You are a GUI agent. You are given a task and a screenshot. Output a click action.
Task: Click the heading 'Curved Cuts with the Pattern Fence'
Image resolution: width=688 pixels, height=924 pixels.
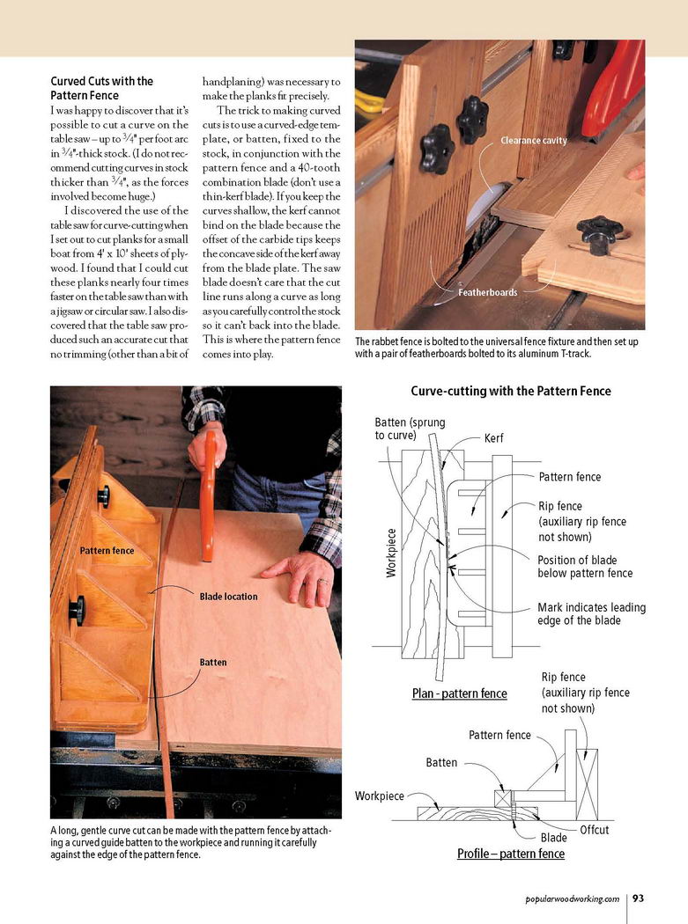click(x=101, y=88)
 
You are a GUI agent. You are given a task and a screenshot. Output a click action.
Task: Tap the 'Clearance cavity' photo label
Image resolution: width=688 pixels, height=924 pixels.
click(x=534, y=140)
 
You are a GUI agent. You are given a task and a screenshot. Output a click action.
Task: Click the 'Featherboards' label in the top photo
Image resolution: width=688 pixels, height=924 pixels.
click(x=487, y=292)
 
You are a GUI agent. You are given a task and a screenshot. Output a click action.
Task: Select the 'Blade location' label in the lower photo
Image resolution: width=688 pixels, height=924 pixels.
click(x=228, y=597)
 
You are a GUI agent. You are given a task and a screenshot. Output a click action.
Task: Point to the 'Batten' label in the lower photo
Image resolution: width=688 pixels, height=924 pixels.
click(x=212, y=662)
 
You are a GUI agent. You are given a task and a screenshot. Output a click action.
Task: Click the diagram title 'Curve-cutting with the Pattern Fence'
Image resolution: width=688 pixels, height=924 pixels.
click(x=510, y=391)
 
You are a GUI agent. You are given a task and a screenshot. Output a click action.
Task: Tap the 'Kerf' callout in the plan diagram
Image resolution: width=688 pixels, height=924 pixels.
click(x=494, y=437)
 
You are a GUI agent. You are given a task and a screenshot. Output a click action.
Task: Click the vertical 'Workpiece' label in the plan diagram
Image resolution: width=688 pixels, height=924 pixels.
click(x=391, y=552)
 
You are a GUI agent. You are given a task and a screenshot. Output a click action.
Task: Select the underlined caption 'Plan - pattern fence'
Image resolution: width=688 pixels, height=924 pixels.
click(x=459, y=693)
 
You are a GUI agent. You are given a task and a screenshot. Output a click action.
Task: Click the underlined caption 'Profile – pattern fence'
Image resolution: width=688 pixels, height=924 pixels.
click(x=510, y=854)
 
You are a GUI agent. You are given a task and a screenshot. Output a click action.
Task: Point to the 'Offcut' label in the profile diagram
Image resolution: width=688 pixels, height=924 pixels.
click(x=594, y=830)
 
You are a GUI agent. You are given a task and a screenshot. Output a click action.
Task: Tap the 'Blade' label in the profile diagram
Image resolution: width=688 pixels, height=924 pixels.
click(x=553, y=838)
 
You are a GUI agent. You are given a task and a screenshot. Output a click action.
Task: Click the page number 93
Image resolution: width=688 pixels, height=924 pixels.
click(x=639, y=898)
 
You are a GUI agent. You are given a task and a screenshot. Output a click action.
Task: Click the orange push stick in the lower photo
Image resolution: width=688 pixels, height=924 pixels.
click(x=210, y=493)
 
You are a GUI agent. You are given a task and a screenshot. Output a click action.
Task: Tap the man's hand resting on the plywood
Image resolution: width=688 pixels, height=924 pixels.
click(x=300, y=576)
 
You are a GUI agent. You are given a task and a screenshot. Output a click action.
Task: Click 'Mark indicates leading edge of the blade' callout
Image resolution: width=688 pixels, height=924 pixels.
click(x=591, y=614)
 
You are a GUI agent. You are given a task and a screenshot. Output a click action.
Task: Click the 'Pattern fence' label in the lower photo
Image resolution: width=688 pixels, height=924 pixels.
click(x=107, y=551)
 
